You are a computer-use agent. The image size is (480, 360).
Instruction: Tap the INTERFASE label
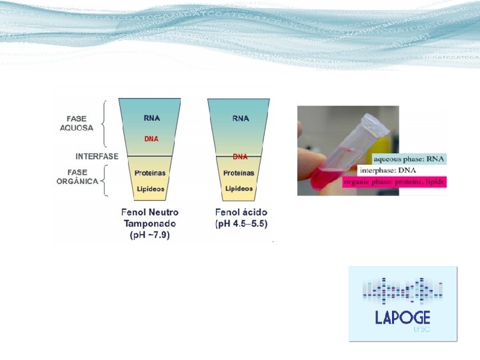pos(97,156)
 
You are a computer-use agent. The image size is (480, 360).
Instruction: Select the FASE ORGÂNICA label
pos(77,177)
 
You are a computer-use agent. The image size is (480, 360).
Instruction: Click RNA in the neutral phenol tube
pos(151,118)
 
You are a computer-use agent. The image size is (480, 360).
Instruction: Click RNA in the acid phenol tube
pos(241,118)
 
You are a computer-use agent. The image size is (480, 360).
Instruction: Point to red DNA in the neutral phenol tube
pos(151,139)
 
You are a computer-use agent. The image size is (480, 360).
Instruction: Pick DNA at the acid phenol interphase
pos(240,157)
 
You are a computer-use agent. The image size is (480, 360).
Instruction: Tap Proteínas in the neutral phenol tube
pos(151,173)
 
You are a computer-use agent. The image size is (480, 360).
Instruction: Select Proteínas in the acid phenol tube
pos(239,173)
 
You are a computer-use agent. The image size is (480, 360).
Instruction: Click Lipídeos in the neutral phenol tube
pos(151,189)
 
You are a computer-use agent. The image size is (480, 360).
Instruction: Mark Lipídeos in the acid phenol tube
pos(239,189)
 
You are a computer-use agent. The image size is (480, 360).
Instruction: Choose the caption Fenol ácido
pos(241,212)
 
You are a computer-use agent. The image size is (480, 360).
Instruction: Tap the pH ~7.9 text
pos(150,235)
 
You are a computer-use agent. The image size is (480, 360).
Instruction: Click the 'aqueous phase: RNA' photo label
pos(409,159)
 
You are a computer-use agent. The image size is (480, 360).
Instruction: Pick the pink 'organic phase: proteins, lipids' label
pos(394,182)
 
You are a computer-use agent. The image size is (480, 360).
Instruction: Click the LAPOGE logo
pos(403,304)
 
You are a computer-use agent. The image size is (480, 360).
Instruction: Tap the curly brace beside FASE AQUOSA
pos(104,123)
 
